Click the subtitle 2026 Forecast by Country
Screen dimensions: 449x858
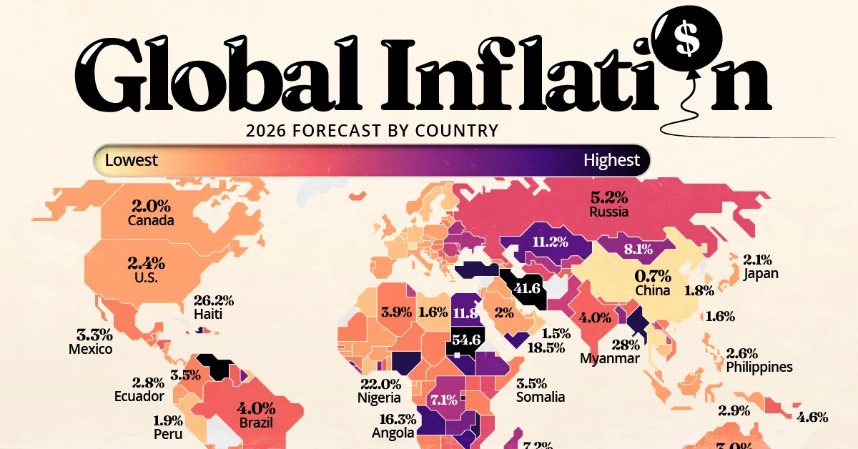click(371, 131)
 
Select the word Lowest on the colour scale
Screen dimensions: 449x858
click(131, 160)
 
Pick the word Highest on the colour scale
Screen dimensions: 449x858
click(611, 160)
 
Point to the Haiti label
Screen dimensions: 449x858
click(211, 314)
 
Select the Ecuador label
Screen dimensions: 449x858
click(138, 395)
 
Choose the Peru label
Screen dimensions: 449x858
click(167, 434)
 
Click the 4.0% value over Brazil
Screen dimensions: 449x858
click(256, 410)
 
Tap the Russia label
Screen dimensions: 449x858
click(609, 212)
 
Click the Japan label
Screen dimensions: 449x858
click(760, 273)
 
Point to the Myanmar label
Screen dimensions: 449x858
click(610, 358)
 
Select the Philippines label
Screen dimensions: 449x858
click(759, 367)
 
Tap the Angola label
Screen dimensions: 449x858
click(393, 433)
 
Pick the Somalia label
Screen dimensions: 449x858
click(541, 397)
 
